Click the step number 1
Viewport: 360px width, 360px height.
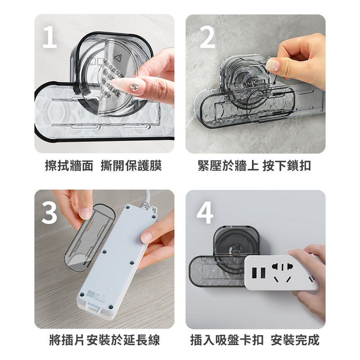click(x=49, y=37)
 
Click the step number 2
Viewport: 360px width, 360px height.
click(x=207, y=37)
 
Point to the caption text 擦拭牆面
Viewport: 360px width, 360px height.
click(x=69, y=166)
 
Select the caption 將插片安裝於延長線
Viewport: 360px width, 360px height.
click(x=104, y=340)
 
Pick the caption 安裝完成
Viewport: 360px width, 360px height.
click(x=295, y=340)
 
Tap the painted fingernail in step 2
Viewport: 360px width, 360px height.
click(x=272, y=65)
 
